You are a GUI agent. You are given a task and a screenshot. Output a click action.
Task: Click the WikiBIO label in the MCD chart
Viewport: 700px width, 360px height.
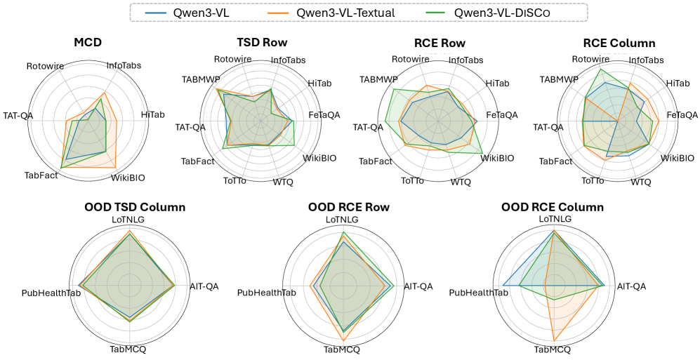(x=128, y=178)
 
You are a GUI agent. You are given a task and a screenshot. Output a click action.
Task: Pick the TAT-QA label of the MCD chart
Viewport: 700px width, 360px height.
(x=18, y=115)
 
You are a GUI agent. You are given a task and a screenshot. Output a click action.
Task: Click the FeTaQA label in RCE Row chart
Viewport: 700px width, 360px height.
(x=502, y=114)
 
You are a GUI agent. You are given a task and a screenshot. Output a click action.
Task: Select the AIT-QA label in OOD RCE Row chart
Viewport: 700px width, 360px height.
(x=418, y=286)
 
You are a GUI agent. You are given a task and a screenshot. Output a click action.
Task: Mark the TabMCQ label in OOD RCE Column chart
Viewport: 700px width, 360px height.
(x=552, y=349)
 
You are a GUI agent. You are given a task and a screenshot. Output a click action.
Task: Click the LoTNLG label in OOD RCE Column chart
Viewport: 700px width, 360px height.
(x=554, y=220)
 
